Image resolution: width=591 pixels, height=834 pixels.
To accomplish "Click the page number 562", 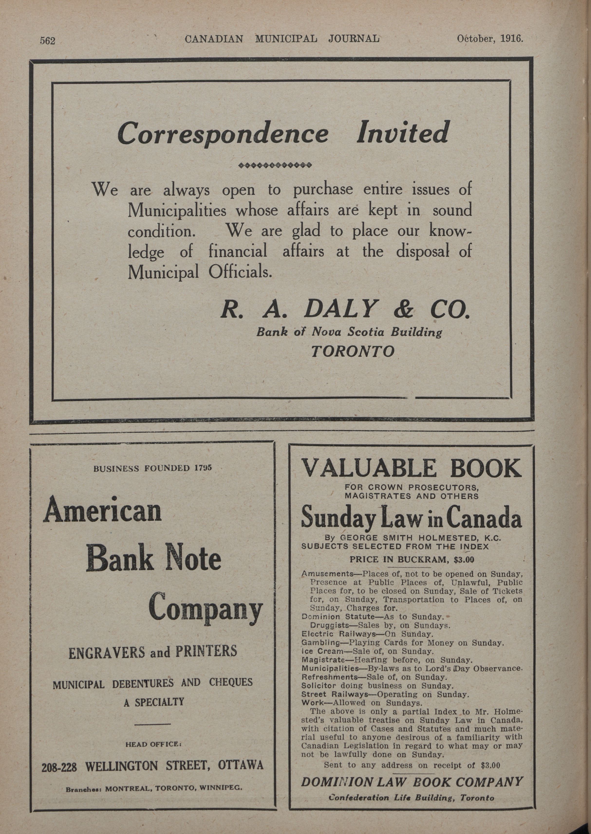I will pos(47,41).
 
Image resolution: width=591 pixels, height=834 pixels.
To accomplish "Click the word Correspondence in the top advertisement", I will pos(223,133).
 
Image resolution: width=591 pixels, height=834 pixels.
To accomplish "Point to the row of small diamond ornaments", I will pos(275,166).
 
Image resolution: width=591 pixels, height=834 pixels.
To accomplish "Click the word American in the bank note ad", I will pos(102,510).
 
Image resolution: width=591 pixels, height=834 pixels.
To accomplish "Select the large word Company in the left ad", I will pos(205,608).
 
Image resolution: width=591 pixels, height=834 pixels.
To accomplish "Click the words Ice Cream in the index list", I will pos(322,651).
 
